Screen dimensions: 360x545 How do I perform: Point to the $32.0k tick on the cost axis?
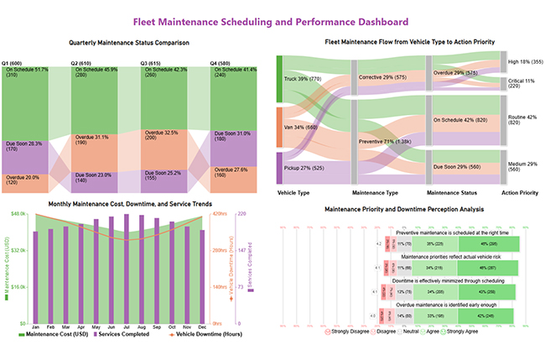coord(17,250)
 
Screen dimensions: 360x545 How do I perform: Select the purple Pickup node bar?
coord(278,169)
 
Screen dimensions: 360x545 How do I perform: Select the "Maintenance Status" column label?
coord(453,193)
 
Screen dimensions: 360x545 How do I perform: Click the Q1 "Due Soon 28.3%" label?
coord(23,143)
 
